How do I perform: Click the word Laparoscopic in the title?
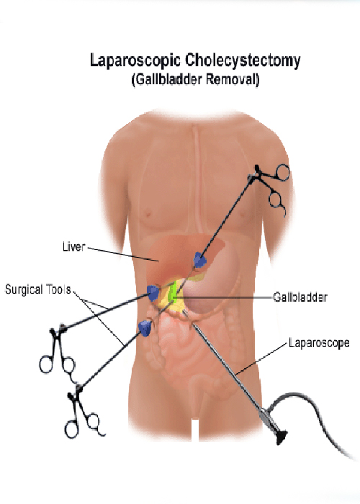[135, 61]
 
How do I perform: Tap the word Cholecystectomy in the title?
[243, 61]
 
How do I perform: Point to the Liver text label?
[73, 247]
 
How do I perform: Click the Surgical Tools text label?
[38, 289]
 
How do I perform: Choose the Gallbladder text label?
[300, 297]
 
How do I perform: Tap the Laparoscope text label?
[319, 343]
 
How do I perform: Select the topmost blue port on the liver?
[200, 260]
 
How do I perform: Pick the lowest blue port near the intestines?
[145, 328]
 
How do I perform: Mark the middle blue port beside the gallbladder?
[153, 292]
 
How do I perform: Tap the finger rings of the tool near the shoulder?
[279, 189]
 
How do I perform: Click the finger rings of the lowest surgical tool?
[84, 423]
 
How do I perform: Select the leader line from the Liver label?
[123, 254]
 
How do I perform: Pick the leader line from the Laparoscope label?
[261, 359]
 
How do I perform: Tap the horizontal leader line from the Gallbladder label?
[224, 298]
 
